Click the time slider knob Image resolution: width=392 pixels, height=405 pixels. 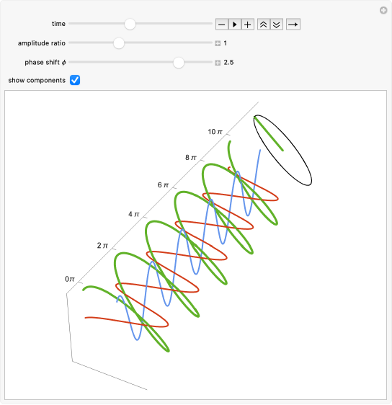pos(130,24)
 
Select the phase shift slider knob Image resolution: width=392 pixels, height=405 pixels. pos(179,63)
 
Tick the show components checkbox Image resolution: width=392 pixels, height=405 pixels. pos(75,80)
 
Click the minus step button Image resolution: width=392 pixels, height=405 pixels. pos(221,25)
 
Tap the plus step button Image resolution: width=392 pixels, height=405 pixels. pos(248,25)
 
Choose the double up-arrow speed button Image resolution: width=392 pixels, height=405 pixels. pos(264,25)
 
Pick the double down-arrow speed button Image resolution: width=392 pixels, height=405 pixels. pos(277,25)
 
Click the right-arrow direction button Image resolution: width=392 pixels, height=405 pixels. pos(293,25)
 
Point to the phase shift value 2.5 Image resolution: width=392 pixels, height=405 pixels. pos(228,63)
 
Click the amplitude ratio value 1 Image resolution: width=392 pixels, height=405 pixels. pos(226,43)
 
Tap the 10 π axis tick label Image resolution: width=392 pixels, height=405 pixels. pos(215,132)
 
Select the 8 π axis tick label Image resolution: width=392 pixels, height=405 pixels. pos(191,158)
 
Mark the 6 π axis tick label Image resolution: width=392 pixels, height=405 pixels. pos(163,185)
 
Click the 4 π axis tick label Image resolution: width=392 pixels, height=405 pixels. pos(134,214)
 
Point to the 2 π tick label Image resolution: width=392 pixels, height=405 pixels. pos(102,245)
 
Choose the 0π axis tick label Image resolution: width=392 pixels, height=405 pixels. pos(70,279)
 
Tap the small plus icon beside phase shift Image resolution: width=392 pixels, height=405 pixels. pos(218,63)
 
